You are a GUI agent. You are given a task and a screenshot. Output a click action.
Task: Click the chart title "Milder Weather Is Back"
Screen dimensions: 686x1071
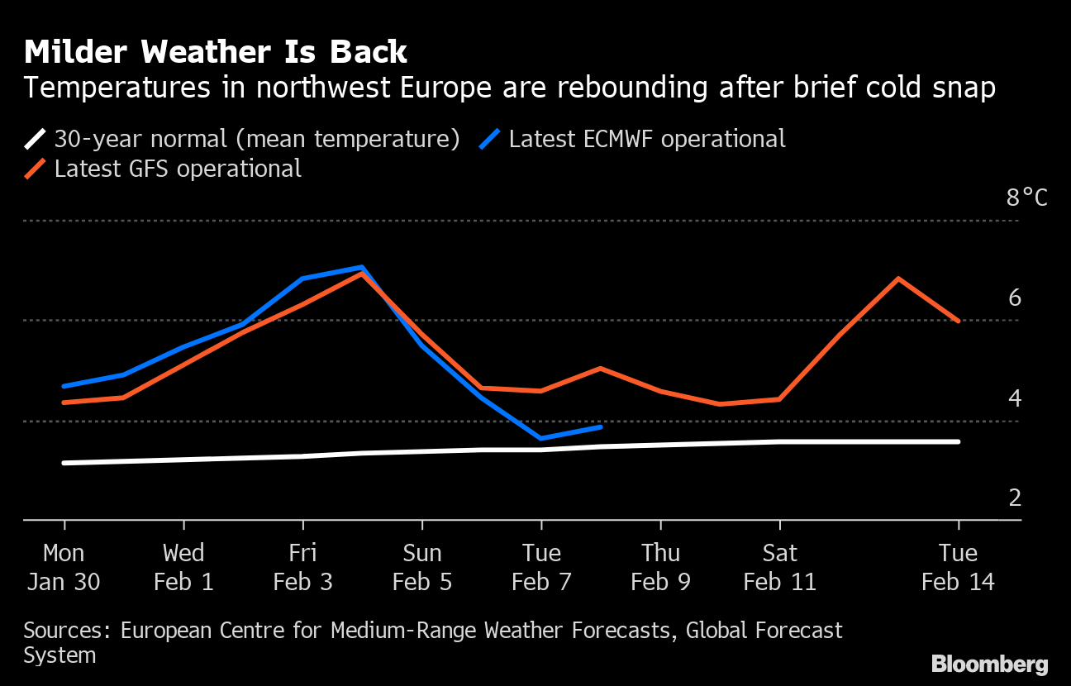tap(216, 52)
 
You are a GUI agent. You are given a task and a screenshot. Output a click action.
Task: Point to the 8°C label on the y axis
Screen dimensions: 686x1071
tap(1026, 198)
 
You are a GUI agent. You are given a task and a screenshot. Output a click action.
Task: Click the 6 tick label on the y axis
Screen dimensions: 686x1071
tap(1014, 298)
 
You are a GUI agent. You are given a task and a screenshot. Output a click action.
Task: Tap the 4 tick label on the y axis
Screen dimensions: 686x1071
tap(1014, 398)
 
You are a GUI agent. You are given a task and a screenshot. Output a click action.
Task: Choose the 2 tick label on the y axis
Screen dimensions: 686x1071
tap(1014, 498)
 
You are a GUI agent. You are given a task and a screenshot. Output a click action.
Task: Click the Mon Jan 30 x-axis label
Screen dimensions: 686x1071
tap(64, 567)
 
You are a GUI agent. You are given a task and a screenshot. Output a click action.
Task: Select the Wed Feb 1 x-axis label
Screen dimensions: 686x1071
tap(183, 567)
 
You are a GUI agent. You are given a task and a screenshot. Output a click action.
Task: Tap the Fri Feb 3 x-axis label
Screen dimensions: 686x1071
tap(302, 567)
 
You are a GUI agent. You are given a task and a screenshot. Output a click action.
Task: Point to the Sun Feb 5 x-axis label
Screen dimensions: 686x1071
tap(422, 567)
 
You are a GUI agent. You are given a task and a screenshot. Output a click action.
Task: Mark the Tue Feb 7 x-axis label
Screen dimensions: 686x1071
tap(541, 567)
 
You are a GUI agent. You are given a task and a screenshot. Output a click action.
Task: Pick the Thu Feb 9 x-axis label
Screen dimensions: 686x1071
tap(660, 567)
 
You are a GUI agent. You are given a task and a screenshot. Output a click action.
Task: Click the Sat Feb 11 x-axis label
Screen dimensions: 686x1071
tap(779, 567)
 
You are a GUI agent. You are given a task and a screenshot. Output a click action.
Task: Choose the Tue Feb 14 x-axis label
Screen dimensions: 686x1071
tap(958, 567)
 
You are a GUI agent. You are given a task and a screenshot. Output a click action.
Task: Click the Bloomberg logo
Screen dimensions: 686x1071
tap(989, 664)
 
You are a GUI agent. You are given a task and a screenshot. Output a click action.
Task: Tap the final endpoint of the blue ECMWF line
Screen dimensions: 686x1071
tap(601, 426)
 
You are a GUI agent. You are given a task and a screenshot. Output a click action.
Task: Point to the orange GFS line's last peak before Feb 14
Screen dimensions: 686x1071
tap(897, 279)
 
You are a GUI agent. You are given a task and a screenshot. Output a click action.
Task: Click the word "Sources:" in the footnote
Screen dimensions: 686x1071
tap(68, 631)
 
